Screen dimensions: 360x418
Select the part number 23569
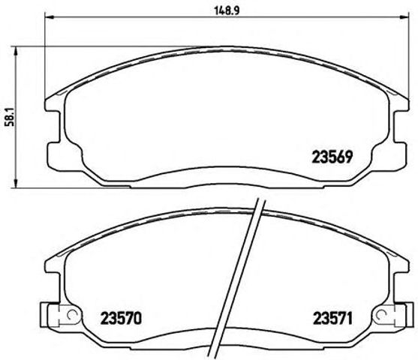click(332, 157)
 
